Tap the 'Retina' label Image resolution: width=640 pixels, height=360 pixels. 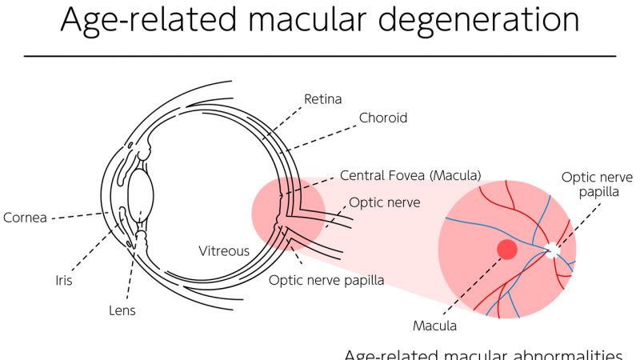322,100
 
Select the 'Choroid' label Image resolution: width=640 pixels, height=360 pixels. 383,118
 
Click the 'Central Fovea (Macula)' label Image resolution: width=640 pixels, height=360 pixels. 410,174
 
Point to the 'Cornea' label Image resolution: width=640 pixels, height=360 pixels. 24,217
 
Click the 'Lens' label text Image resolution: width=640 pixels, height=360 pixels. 122,310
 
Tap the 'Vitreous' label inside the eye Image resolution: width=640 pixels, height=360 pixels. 224,250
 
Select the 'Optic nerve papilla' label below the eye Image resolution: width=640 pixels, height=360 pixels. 326,280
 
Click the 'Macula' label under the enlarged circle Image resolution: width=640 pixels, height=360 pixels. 434,326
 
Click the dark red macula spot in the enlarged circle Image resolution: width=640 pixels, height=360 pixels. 508,250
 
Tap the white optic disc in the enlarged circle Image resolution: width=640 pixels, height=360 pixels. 553,250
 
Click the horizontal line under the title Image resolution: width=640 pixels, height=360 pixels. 320,56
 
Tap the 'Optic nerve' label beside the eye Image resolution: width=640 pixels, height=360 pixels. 384,202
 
